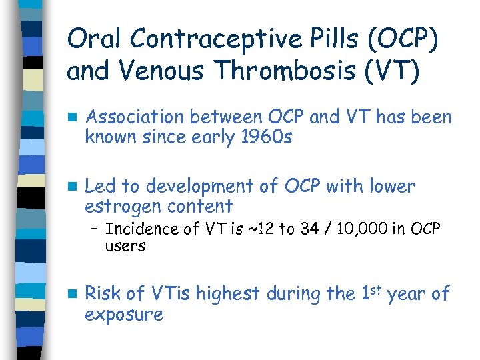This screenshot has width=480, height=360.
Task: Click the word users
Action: pos(125,246)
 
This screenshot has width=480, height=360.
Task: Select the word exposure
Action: pos(125,314)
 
